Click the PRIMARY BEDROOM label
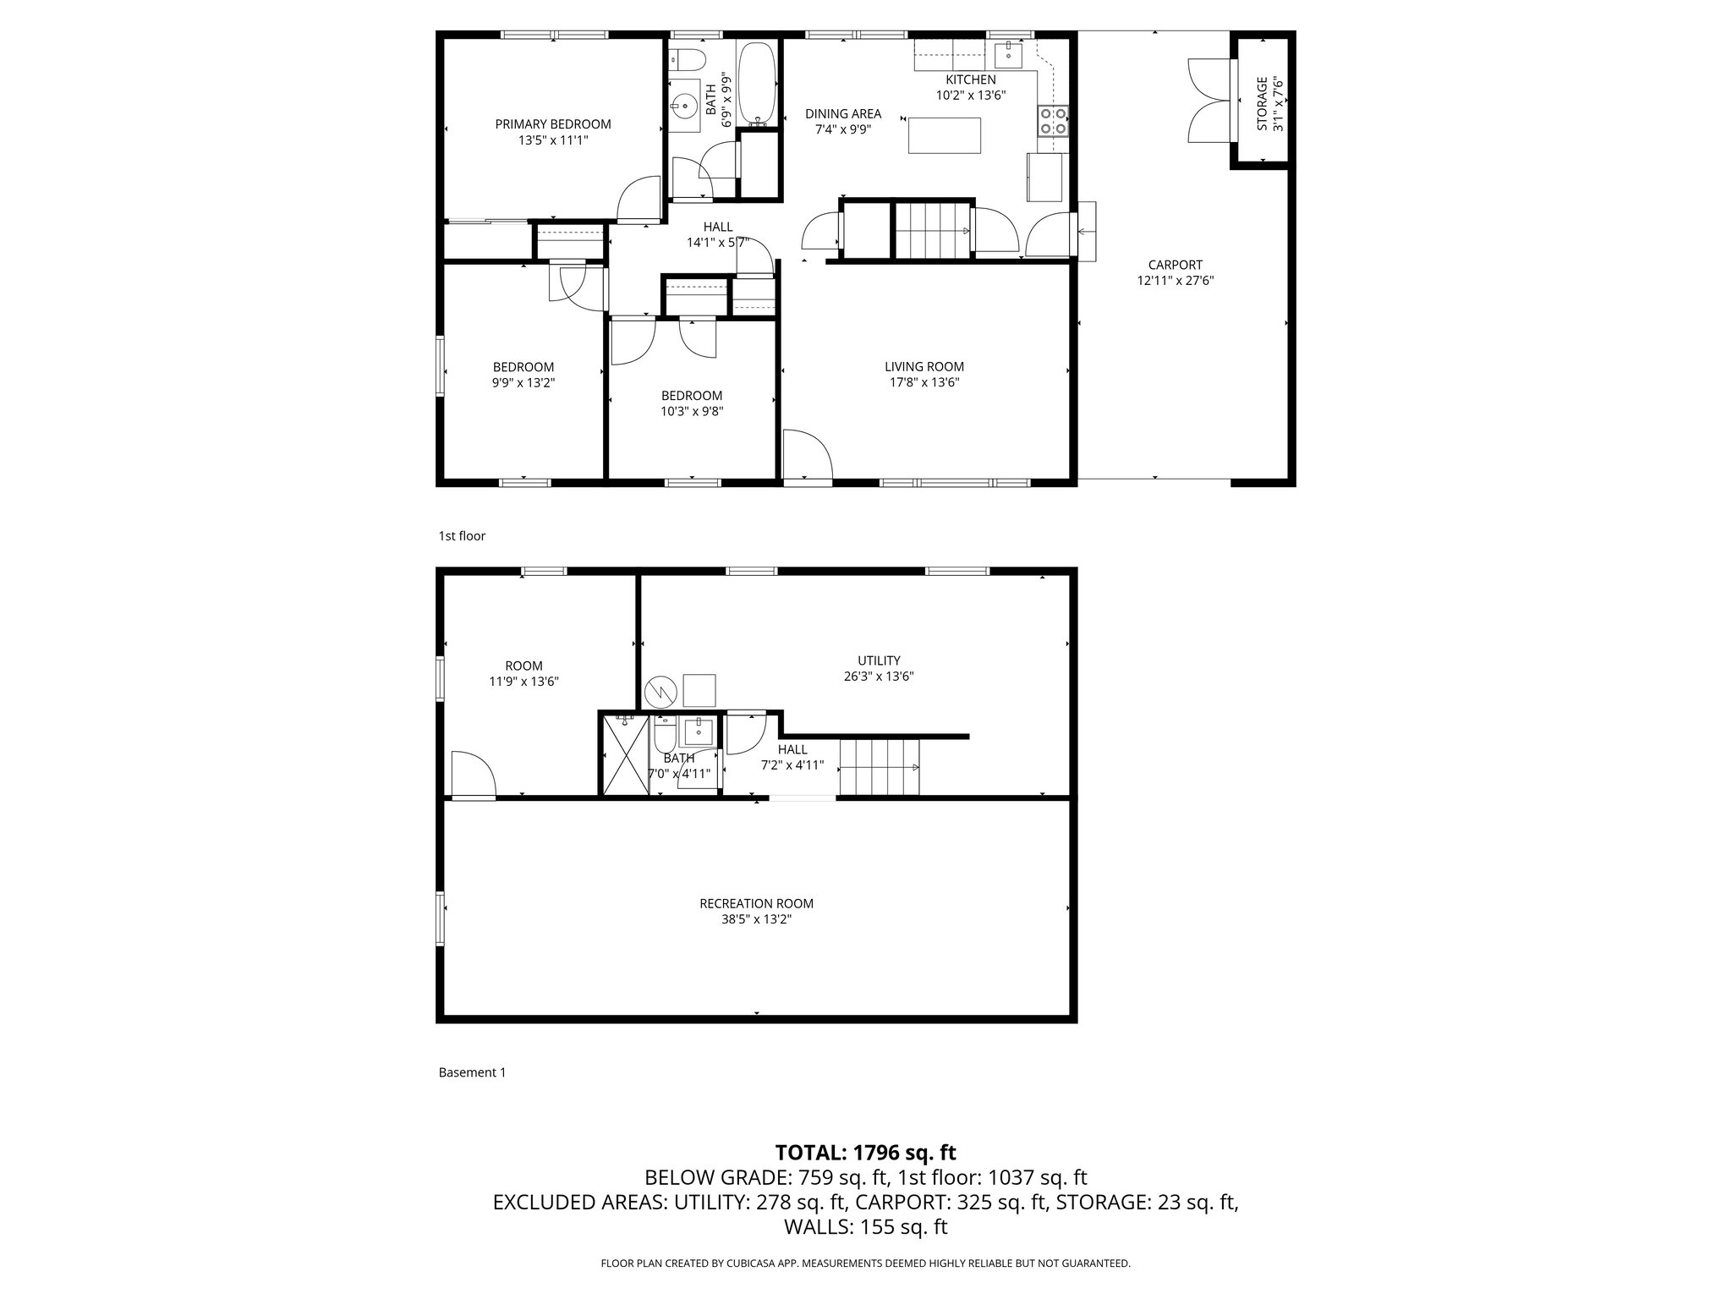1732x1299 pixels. [x=552, y=124]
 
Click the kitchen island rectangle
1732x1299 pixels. [x=945, y=135]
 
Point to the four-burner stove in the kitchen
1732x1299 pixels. [x=1053, y=122]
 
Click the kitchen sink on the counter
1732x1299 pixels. [x=1009, y=55]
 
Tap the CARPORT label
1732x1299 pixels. [x=1175, y=265]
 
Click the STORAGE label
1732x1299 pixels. [x=1263, y=103]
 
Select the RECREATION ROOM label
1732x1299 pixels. [x=756, y=903]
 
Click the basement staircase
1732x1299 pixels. [x=880, y=767]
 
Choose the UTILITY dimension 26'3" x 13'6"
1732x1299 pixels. [x=879, y=677]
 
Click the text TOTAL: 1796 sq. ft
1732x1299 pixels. [x=865, y=1152]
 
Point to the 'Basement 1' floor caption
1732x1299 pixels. [x=472, y=1072]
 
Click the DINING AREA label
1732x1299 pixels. [x=842, y=113]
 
